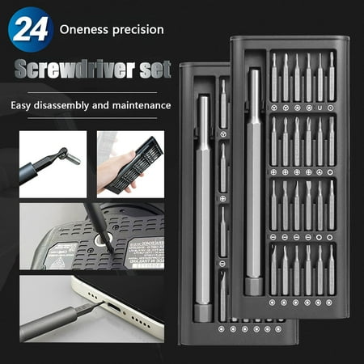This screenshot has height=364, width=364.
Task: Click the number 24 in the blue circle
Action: (x=30, y=30)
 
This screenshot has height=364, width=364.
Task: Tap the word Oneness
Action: (x=83, y=30)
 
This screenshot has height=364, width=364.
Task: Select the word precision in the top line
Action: (x=138, y=30)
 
